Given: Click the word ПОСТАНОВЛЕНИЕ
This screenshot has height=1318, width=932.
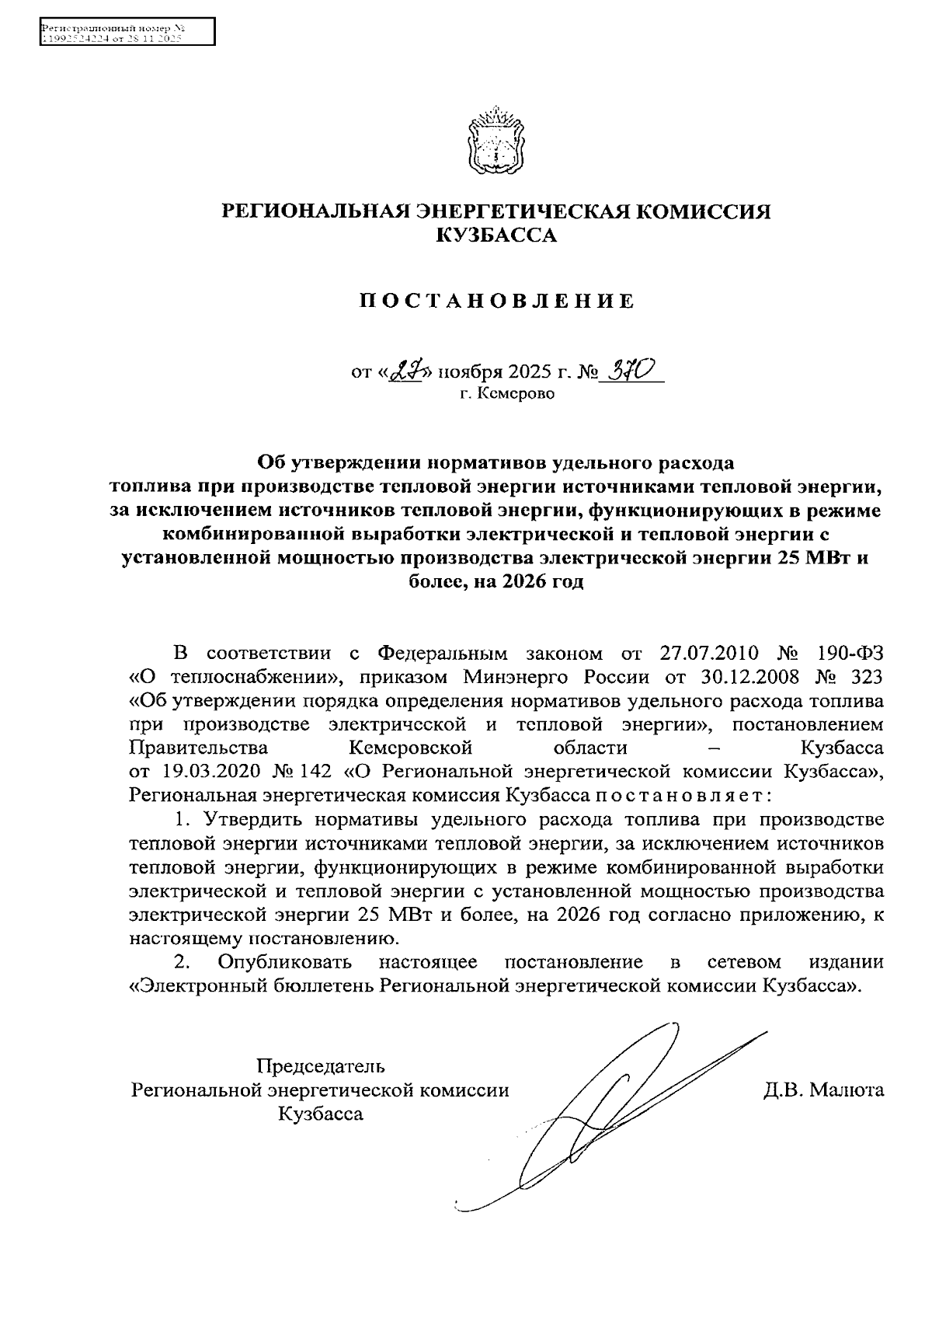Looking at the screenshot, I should point(496,302).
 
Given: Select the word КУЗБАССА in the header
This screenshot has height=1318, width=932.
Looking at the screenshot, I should point(496,235).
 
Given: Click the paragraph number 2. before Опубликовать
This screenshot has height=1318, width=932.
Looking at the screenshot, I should point(183,962).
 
